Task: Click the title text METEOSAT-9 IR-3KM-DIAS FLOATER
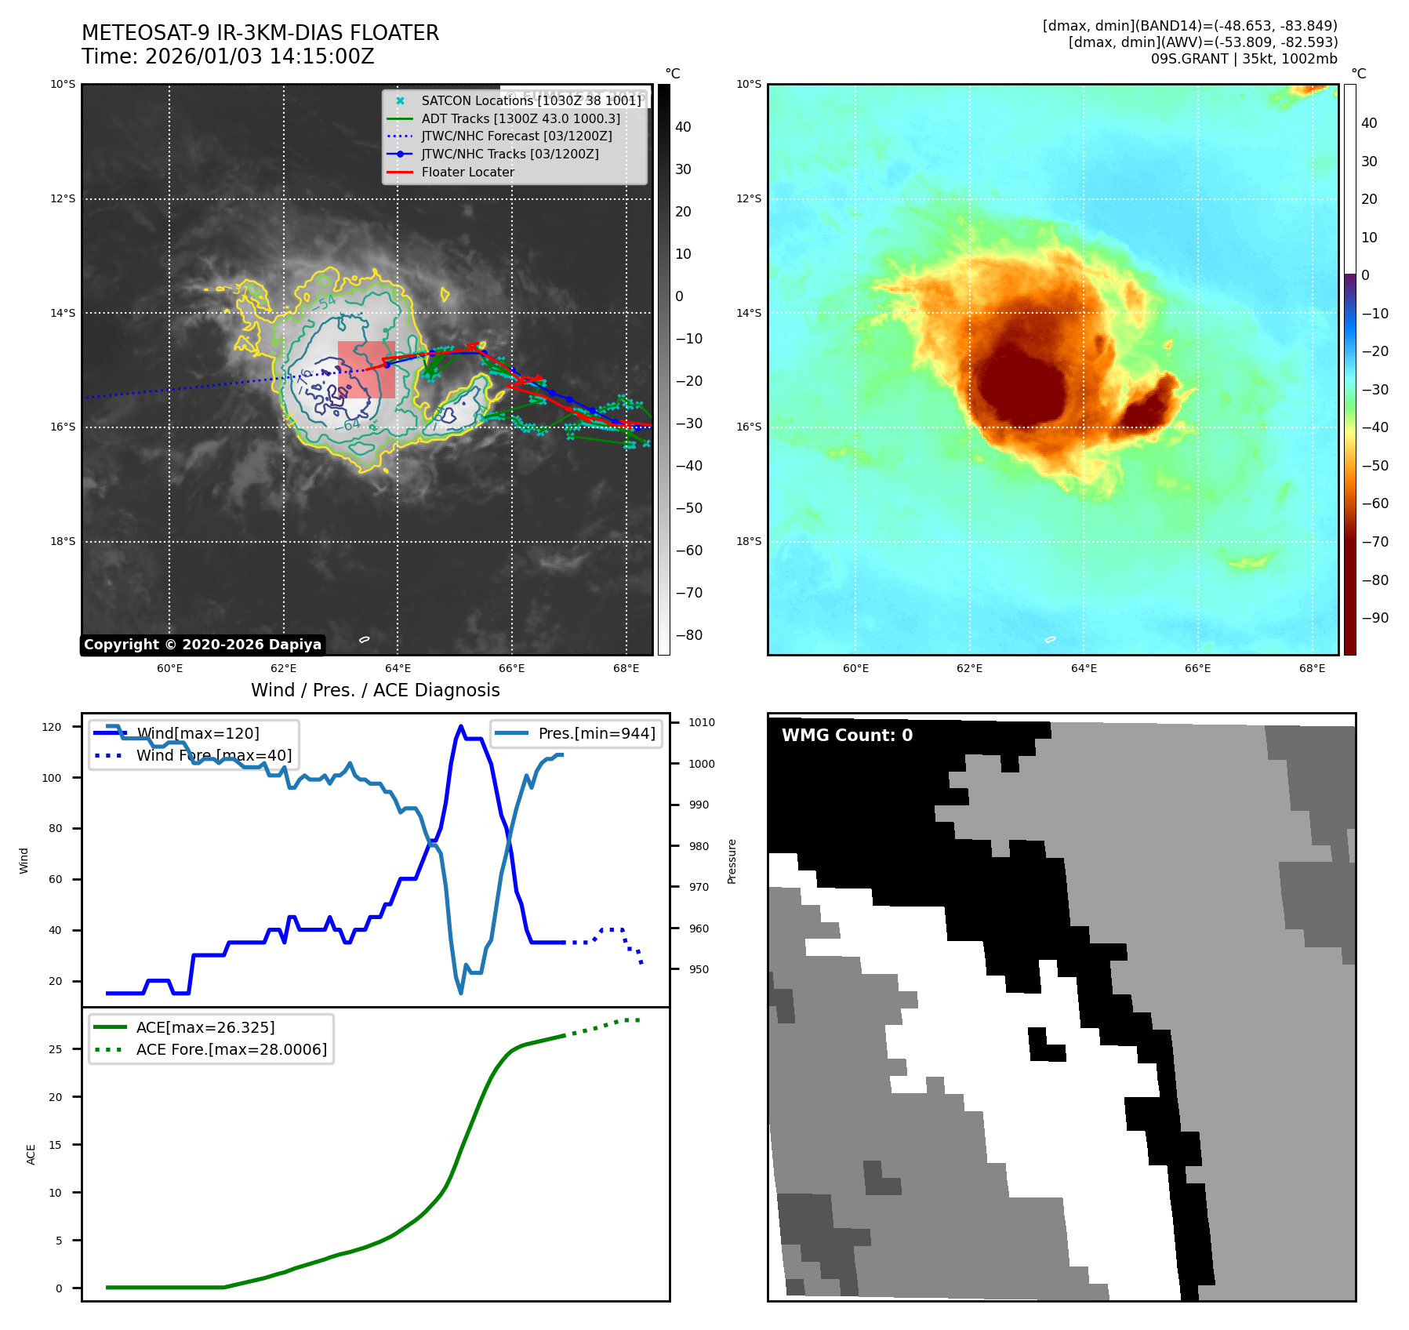(x=260, y=33)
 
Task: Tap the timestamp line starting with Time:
(x=228, y=56)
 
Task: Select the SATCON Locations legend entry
(x=531, y=100)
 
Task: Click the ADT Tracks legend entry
(x=520, y=118)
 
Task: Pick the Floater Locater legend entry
(x=467, y=172)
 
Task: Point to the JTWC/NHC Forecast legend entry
(x=516, y=136)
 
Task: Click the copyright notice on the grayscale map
(x=202, y=645)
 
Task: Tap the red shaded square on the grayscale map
(x=366, y=369)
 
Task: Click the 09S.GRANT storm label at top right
(x=1244, y=59)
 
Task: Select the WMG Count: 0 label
(x=847, y=735)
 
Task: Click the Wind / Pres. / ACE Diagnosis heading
(x=375, y=690)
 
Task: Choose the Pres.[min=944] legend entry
(x=596, y=733)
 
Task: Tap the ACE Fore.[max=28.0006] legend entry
(x=231, y=1049)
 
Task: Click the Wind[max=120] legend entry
(x=198, y=733)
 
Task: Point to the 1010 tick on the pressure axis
(x=702, y=722)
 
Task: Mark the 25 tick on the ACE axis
(x=56, y=1049)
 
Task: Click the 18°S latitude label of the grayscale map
(x=64, y=541)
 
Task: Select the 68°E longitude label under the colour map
(x=1312, y=668)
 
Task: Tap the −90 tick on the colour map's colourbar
(x=1375, y=618)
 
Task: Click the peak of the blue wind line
(x=460, y=726)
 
